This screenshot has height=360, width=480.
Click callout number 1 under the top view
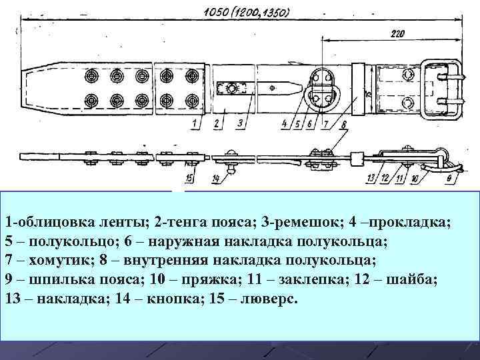point(193,123)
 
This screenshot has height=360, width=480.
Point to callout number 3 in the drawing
point(239,123)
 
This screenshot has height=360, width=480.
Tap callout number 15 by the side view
point(190,177)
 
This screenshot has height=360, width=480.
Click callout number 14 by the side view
point(216,178)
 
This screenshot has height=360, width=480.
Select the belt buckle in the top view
point(440,87)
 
